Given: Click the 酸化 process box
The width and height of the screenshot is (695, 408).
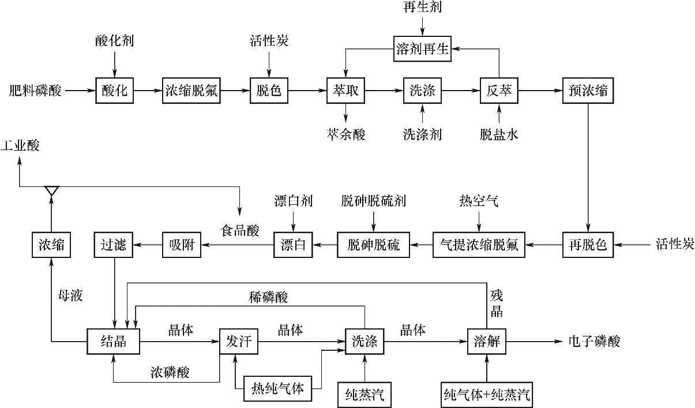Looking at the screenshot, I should (x=115, y=91).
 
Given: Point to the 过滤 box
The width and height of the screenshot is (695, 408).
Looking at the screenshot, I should (x=114, y=245).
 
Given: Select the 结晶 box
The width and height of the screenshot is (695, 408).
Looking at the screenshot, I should (x=113, y=342).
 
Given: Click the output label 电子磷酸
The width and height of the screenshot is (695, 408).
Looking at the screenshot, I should (x=594, y=342).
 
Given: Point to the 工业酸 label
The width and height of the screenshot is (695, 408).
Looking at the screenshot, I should (x=20, y=145).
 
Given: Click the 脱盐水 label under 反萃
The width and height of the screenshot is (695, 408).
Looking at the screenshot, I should (x=499, y=135).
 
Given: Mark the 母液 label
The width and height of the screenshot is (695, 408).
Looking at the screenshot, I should (x=70, y=297).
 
